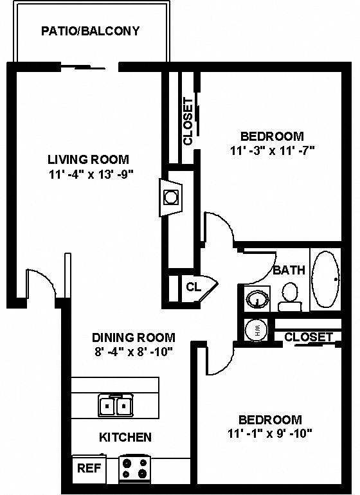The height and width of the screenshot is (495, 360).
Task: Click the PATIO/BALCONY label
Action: (x=90, y=31)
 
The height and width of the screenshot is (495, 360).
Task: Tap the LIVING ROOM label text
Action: (x=88, y=159)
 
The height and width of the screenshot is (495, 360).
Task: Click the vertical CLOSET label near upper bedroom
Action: (x=188, y=122)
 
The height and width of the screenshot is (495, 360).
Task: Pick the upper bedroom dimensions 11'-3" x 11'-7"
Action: (x=271, y=150)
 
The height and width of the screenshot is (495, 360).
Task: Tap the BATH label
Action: (x=289, y=270)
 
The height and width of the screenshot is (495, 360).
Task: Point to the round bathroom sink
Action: (x=258, y=300)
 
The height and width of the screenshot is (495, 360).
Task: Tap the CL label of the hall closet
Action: (x=194, y=287)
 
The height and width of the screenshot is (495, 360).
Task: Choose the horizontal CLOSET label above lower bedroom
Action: (x=309, y=337)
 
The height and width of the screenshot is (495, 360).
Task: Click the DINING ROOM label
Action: (x=133, y=337)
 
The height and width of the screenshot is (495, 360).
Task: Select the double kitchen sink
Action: (x=116, y=406)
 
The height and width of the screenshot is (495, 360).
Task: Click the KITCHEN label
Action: (x=125, y=437)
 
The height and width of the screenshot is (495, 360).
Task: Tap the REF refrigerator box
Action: (x=89, y=468)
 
